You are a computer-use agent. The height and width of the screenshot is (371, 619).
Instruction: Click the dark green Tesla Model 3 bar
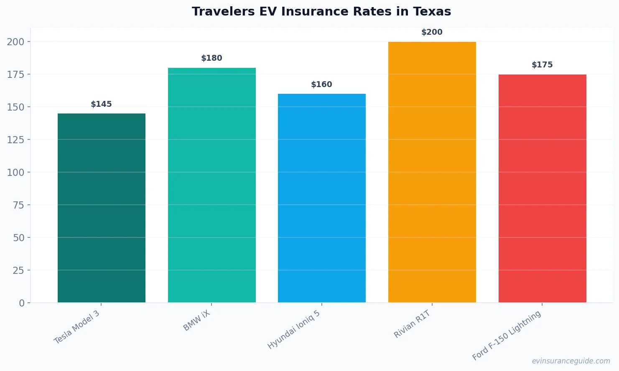pos(102,208)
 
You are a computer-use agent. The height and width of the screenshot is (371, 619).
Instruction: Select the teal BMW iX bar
pos(212,185)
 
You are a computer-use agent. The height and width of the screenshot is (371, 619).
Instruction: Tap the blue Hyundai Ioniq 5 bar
pos(322,198)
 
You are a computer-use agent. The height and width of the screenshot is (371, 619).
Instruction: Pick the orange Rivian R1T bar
pos(432,172)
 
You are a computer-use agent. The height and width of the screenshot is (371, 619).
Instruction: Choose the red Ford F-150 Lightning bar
pos(542,188)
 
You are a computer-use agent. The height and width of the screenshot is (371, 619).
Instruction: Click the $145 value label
pos(102,104)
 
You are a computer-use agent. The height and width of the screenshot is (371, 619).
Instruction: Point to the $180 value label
pos(212,58)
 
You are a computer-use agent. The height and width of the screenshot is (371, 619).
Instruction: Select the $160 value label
pos(322,85)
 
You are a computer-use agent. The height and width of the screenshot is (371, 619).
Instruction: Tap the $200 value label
pos(432,32)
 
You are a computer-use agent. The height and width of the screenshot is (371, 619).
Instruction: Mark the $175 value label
pos(542,65)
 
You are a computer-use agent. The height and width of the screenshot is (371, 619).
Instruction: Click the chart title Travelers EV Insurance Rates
pos(321,12)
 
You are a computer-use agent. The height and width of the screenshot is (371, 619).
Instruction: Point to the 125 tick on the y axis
pos(15,140)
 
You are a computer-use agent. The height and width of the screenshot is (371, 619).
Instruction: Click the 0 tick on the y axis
pos(22,303)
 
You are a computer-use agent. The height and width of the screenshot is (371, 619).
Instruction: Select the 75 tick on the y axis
pos(18,205)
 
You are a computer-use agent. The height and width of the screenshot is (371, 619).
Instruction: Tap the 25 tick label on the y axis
pos(18,271)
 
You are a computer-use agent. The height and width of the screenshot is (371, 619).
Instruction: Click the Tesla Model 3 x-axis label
pos(77,327)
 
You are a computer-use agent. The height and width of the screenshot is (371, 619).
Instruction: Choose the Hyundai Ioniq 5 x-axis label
pos(294,330)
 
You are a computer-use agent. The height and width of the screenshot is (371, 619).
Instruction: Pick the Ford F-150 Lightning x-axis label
pos(507,335)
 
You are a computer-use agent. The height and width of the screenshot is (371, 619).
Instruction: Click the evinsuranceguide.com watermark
pos(571,361)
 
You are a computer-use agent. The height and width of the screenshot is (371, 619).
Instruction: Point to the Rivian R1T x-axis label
pos(412,324)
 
